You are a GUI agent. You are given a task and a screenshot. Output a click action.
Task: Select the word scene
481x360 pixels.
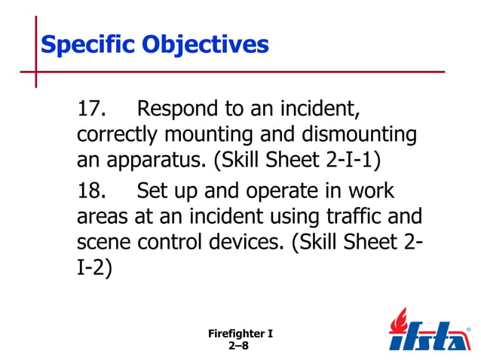(103, 243)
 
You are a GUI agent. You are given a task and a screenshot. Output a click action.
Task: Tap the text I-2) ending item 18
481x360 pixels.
(94, 269)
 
